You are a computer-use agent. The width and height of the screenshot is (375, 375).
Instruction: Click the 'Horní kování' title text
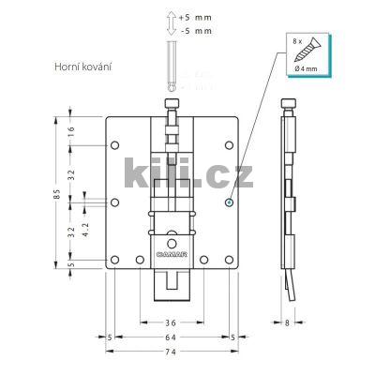coord(82,67)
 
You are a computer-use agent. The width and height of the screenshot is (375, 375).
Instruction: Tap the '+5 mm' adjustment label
coord(197,17)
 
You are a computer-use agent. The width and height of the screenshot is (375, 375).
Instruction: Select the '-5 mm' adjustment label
coord(197,31)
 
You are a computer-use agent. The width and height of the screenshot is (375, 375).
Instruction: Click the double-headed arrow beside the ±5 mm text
coord(170,23)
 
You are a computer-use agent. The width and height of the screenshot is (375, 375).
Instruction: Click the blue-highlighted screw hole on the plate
coord(230,200)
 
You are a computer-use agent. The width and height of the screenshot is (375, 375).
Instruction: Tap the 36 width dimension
coord(171,322)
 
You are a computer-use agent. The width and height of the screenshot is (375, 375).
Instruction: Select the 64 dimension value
coord(171,337)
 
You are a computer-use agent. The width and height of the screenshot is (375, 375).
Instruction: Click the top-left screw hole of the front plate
coord(114,145)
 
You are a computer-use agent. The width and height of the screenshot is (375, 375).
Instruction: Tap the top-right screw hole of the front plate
coord(230,145)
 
